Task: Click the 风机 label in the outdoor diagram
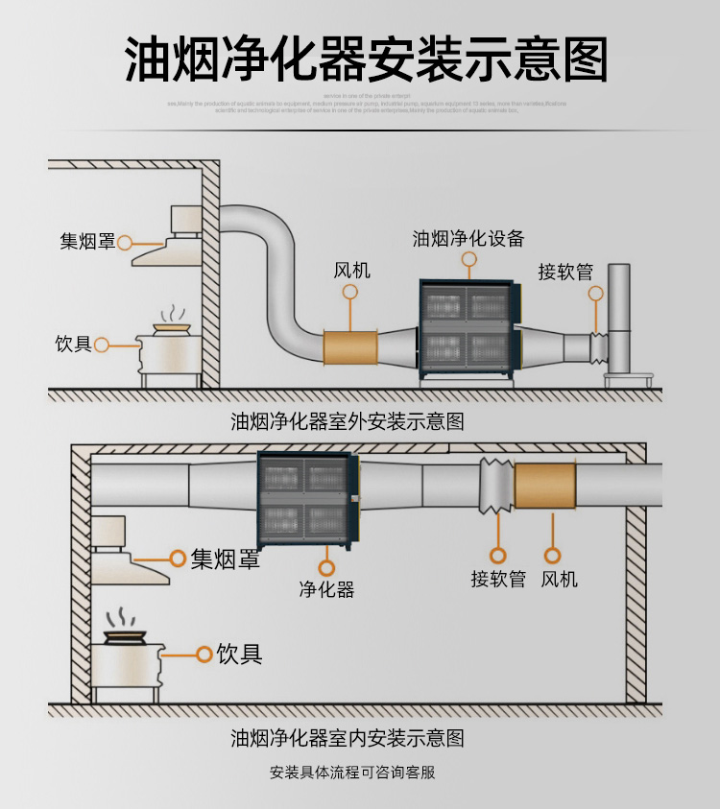[351, 270]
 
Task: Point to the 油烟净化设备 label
[468, 238]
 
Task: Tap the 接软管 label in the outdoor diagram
[565, 271]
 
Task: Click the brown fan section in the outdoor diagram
[350, 346]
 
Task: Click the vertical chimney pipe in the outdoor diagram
[617, 317]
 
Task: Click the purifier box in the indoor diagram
[307, 498]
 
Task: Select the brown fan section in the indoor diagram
[544, 486]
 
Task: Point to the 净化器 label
[326, 589]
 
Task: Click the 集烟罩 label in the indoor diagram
[225, 559]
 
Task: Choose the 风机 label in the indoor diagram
[559, 579]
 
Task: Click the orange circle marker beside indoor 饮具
[204, 654]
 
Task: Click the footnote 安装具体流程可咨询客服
[352, 773]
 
